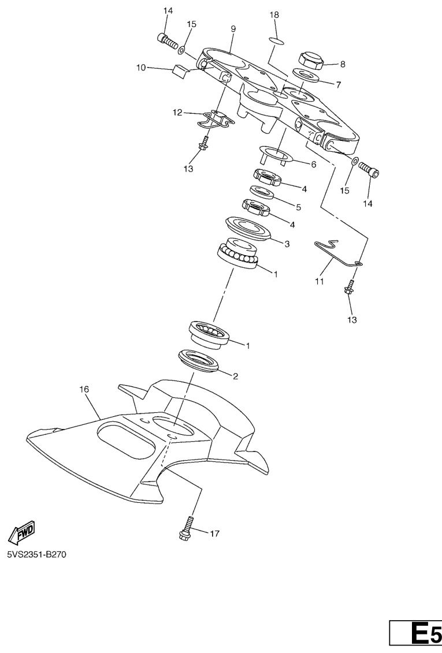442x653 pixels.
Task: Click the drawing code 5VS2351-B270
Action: coord(36,555)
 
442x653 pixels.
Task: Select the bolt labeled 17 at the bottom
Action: coord(185,528)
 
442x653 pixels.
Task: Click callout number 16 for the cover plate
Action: coord(84,389)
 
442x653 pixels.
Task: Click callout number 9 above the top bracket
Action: coord(233,29)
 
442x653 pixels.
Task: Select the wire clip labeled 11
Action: coord(338,253)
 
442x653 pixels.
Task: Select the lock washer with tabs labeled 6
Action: coord(277,155)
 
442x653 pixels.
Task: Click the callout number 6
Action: coord(314,165)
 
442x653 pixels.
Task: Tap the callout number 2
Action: coord(235,376)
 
